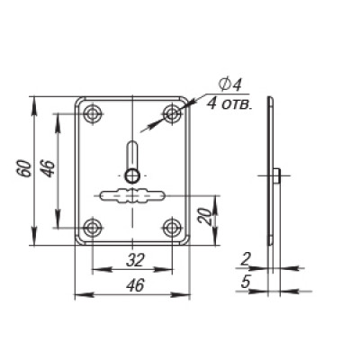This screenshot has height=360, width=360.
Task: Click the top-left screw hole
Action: pyautogui.click(x=93, y=113)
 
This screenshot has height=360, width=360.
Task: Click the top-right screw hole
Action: pyautogui.click(x=172, y=113)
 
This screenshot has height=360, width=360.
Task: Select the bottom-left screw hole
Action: pyautogui.click(x=93, y=228)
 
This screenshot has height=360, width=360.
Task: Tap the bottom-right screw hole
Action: pyautogui.click(x=172, y=228)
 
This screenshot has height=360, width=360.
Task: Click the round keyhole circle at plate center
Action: pyautogui.click(x=132, y=175)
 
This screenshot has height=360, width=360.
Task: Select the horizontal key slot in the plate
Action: pyautogui.click(x=132, y=195)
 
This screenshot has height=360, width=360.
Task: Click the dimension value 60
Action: pyautogui.click(x=24, y=169)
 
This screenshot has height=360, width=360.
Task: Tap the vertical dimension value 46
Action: pyautogui.click(x=49, y=169)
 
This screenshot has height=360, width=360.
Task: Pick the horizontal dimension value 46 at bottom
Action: pyautogui.click(x=135, y=285)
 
